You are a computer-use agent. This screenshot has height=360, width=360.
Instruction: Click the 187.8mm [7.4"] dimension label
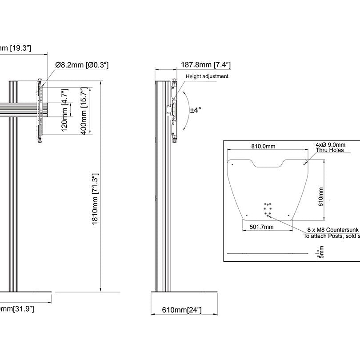205,65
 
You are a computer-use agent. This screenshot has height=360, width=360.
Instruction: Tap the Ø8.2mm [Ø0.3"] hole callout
82,65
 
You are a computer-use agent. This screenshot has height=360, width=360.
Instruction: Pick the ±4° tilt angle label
196,110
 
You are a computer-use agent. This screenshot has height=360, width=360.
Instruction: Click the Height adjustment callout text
207,76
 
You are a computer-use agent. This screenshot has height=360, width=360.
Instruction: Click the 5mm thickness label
322,253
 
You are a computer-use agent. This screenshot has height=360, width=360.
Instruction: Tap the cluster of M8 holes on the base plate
268,209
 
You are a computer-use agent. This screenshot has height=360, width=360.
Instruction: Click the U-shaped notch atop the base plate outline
268,164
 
